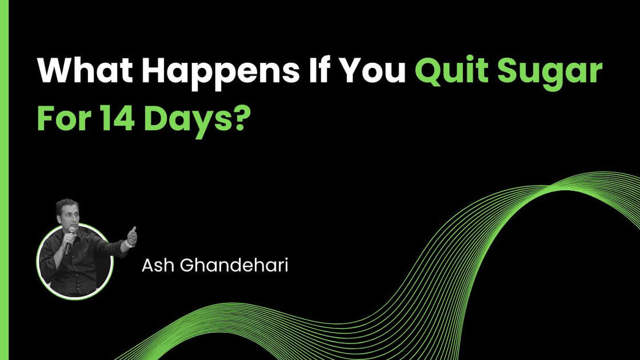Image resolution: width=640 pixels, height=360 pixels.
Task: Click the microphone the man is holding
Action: (70, 238)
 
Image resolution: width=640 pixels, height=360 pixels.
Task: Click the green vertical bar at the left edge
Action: (4, 180)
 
